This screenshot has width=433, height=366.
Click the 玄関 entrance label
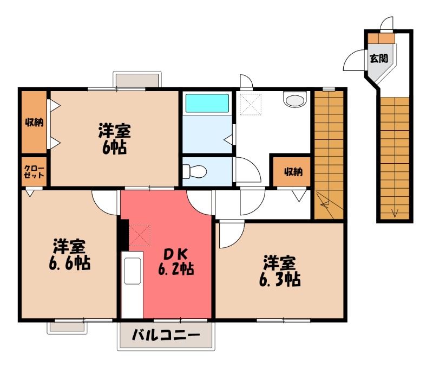[379, 59]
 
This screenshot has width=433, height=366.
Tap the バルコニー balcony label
[166, 336]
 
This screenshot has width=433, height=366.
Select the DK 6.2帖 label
[176, 261]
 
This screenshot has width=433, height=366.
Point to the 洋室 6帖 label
[115, 139]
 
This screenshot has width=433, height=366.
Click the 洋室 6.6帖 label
[70, 254]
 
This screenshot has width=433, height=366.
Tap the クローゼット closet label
[34, 172]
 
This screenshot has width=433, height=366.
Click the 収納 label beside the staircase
[293, 172]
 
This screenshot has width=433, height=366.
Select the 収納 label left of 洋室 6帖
[34, 123]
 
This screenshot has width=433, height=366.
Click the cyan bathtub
[207, 103]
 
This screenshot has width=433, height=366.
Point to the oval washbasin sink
[295, 99]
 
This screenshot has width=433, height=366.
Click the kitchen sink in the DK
[133, 271]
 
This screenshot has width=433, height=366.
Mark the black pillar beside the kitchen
[124, 235]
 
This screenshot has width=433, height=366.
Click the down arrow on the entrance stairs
[395, 213]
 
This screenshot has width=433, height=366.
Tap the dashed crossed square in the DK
[140, 235]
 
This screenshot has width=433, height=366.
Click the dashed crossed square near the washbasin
[251, 104]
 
